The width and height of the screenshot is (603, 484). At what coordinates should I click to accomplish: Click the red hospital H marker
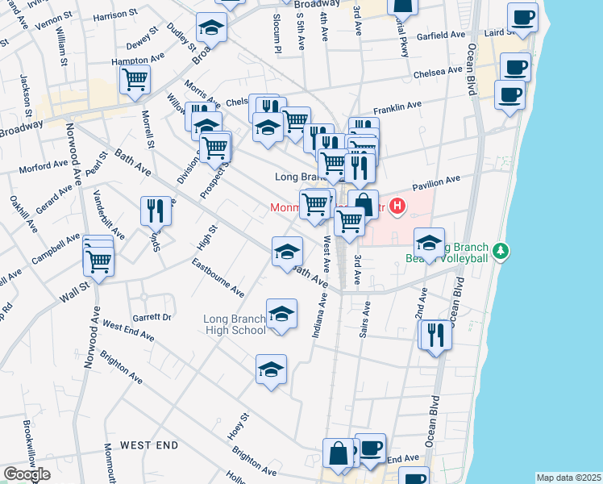pyautogui.click(x=397, y=207)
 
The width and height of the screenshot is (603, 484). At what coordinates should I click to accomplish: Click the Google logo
pyautogui.click(x=27, y=475)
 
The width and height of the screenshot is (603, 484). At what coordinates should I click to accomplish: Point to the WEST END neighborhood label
pyautogui.click(x=149, y=445)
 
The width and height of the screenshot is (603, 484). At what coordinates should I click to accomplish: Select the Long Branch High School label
pyautogui.click(x=235, y=324)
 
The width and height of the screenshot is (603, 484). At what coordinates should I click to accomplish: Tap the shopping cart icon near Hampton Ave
pyautogui.click(x=135, y=79)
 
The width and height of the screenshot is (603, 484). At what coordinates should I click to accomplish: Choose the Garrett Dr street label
pyautogui.click(x=153, y=318)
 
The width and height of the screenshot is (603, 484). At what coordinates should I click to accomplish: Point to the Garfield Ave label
pyautogui.click(x=442, y=36)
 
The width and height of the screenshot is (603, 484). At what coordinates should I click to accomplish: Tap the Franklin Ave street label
pyautogui.click(x=397, y=106)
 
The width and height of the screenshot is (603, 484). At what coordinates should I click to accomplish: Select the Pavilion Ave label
pyautogui.click(x=436, y=181)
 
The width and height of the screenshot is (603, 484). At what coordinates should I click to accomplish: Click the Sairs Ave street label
pyautogui.click(x=367, y=319)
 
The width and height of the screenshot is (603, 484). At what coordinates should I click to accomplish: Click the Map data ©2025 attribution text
pyautogui.click(x=568, y=478)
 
